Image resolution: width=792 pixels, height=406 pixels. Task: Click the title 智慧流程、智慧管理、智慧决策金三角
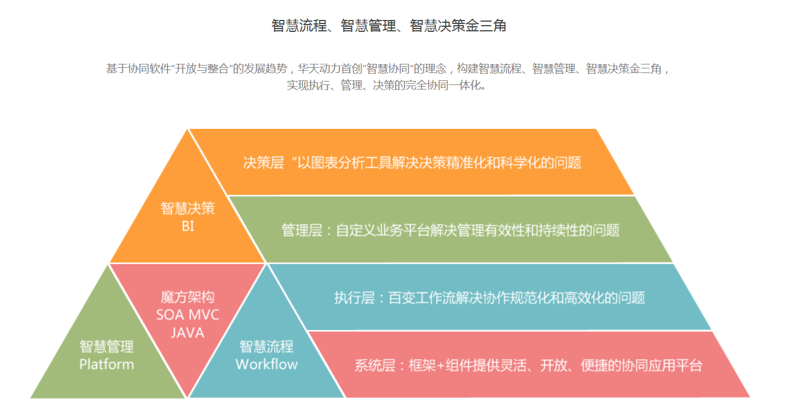(x=389, y=26)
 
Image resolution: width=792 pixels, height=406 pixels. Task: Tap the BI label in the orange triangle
(x=188, y=226)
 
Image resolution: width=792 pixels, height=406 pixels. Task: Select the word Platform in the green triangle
(x=107, y=364)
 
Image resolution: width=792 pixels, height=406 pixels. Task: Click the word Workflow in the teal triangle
(x=267, y=364)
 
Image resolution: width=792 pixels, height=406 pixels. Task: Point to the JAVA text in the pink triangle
(x=187, y=332)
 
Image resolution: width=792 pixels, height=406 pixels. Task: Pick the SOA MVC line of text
(x=187, y=315)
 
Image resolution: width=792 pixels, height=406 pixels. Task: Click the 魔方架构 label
(x=187, y=297)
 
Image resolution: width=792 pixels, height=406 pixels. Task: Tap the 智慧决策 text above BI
(x=188, y=208)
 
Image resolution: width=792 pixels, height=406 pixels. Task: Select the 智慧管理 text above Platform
(x=107, y=346)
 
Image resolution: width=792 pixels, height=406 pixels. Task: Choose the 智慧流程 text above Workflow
(x=267, y=346)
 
